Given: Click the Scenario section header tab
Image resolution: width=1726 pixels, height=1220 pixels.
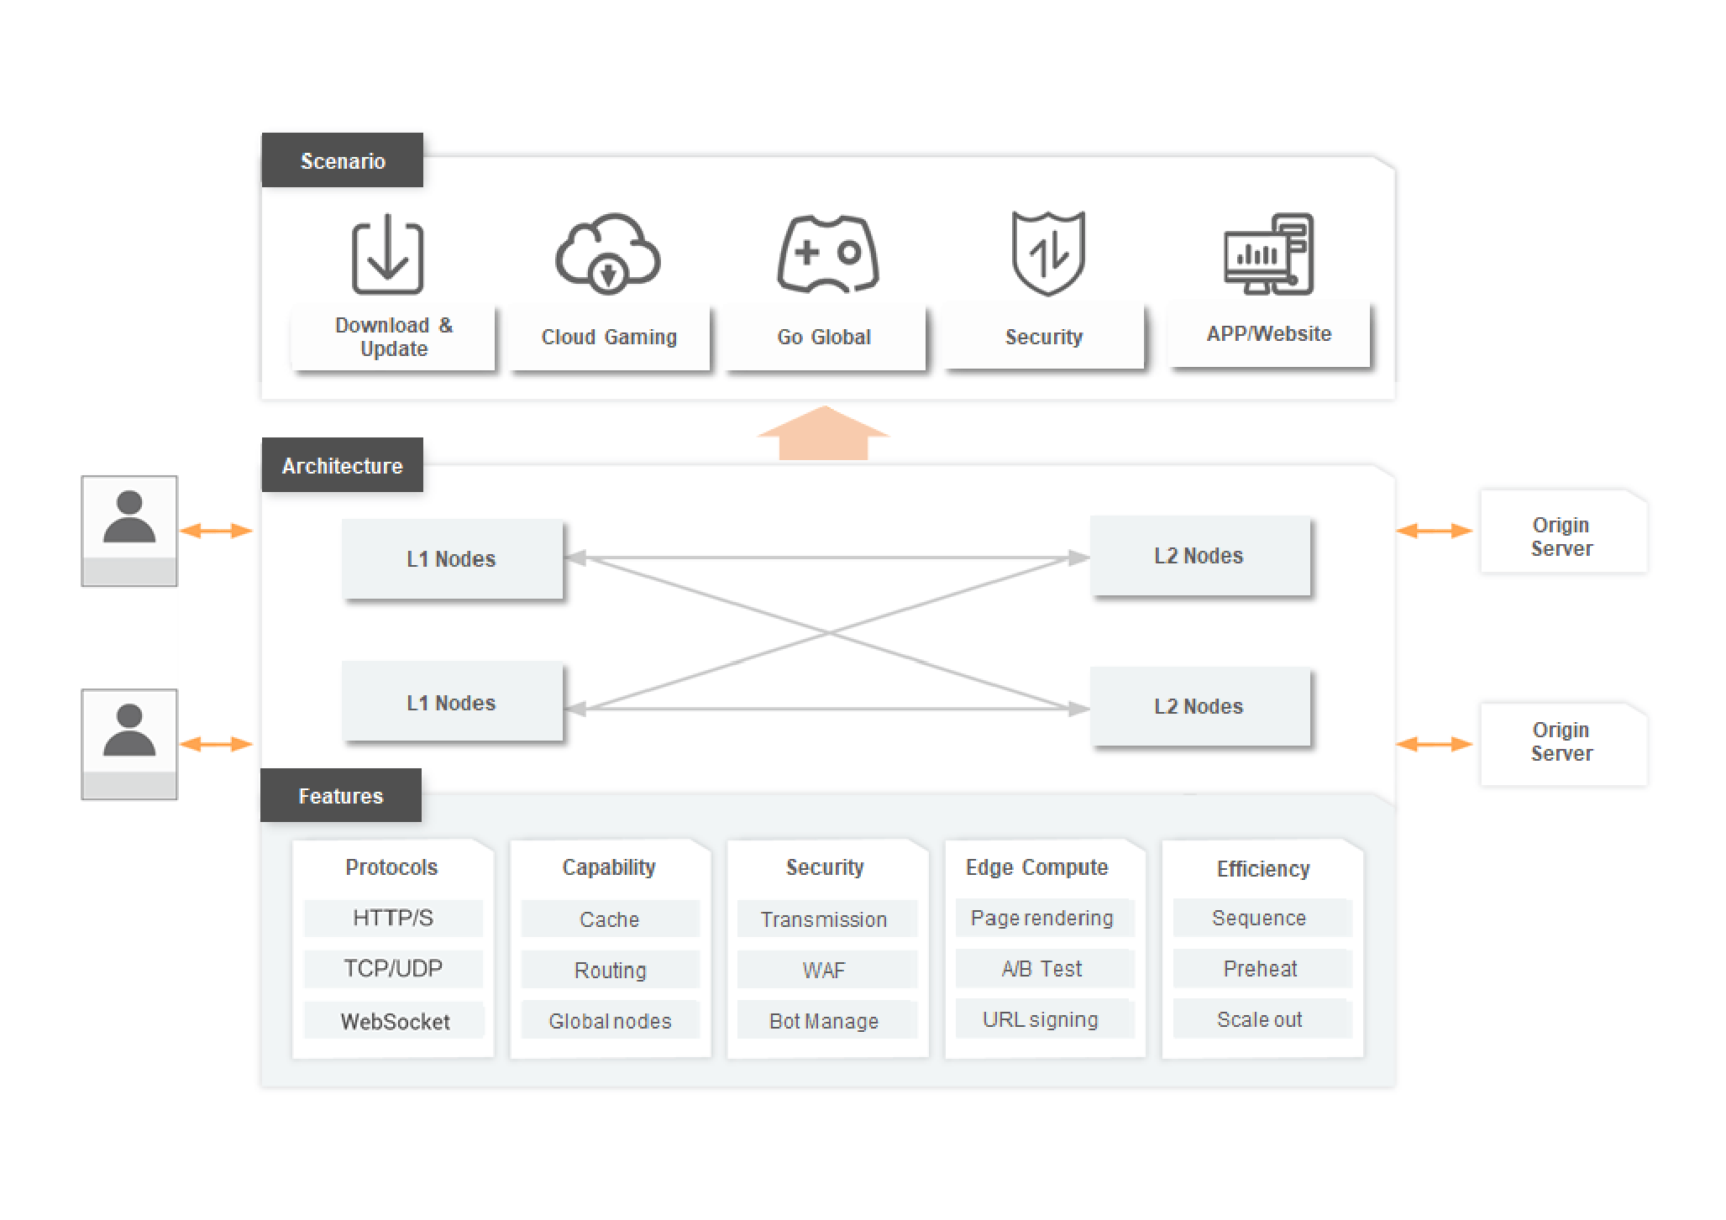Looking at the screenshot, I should tap(342, 160).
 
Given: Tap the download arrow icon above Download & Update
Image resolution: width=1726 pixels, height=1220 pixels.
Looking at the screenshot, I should tap(387, 254).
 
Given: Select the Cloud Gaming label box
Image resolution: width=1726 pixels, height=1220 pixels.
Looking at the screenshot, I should tap(610, 338).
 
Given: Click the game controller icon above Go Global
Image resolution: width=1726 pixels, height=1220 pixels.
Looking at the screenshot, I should tap(827, 254).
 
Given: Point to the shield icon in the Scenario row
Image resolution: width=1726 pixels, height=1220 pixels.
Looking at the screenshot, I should tap(1047, 253).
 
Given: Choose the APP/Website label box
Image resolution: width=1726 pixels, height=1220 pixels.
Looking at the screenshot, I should tap(1269, 334).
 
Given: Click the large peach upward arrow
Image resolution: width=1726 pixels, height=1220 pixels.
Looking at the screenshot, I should tap(823, 434).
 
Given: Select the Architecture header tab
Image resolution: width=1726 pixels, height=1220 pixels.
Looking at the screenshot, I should tap(342, 465).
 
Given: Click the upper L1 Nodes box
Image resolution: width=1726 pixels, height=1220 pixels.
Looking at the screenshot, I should tap(452, 559).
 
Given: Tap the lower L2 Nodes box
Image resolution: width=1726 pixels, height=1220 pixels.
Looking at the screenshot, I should tap(1199, 707).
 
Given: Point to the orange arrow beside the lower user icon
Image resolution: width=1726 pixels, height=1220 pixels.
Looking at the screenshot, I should tap(216, 744).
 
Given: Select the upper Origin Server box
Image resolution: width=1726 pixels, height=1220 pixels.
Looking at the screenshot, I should tap(1561, 537).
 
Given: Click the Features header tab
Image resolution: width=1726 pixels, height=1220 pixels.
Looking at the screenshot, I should tap(340, 795).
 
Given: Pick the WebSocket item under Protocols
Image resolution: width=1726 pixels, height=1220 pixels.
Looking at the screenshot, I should tap(394, 1021).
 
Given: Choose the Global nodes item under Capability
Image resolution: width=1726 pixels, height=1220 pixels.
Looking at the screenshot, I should tap(610, 1021).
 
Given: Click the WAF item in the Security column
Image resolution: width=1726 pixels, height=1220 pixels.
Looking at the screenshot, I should tap(825, 971).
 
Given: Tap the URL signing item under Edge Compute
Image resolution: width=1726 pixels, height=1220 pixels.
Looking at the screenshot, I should tap(1041, 1019).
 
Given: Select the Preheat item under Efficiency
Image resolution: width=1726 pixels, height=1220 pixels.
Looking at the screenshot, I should tap(1260, 969).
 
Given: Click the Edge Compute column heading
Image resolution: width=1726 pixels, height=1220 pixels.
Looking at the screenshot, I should tap(1037, 867).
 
